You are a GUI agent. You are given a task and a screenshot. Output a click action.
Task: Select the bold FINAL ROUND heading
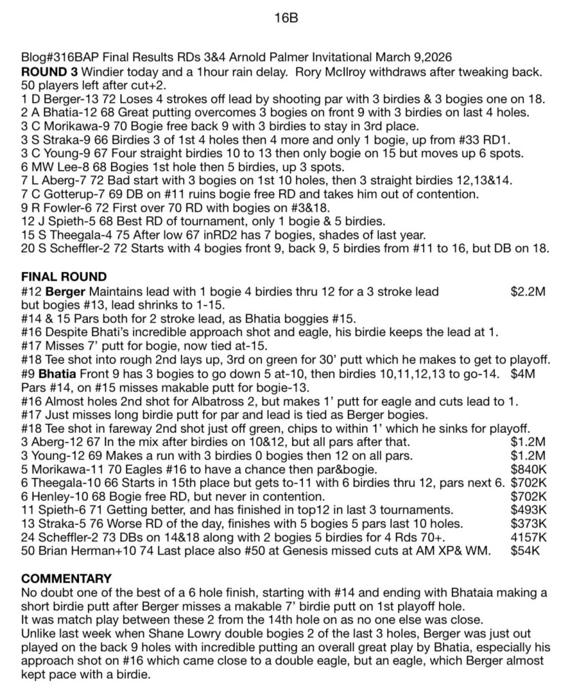pyautogui.click(x=64, y=277)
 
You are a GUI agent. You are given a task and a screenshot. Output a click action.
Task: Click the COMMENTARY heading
pyautogui.click(x=67, y=578)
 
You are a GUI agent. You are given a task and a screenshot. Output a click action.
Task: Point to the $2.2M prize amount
pyautogui.click(x=529, y=292)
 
